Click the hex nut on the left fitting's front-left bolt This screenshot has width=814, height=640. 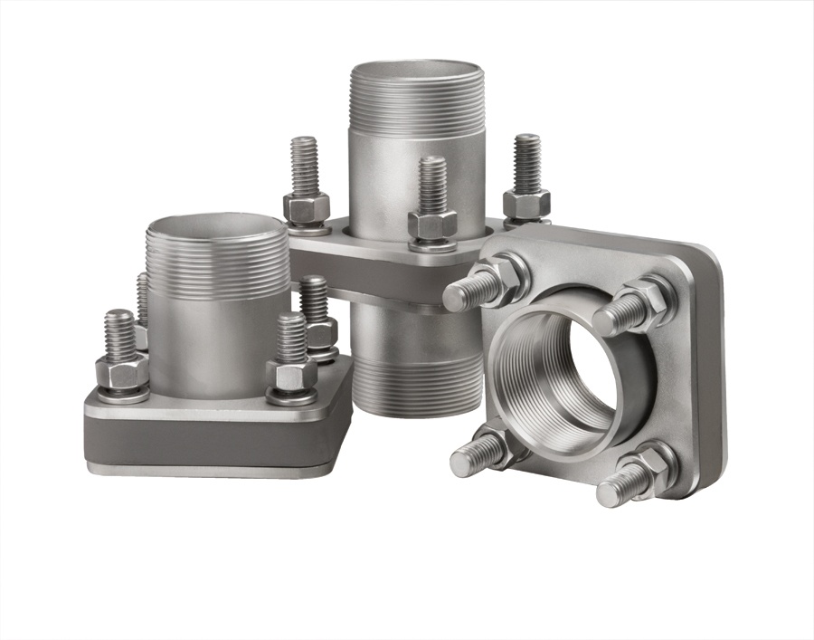(x=122, y=372)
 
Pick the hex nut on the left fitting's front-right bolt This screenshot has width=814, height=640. (x=291, y=373)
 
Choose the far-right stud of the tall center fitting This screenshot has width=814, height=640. (x=526, y=163)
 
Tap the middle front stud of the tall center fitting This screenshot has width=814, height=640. (x=432, y=186)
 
